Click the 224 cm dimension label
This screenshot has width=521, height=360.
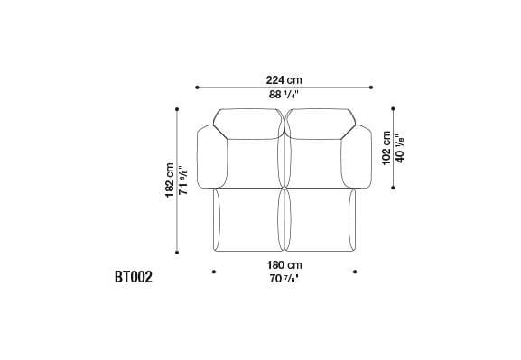coord(284,80)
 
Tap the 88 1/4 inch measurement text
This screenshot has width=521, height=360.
coord(284,95)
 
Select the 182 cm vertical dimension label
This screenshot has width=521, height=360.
coord(170,180)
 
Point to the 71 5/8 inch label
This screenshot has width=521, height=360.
coord(183,180)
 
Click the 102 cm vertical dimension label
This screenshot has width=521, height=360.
coord(386,148)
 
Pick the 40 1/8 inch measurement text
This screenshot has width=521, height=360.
coord(399,149)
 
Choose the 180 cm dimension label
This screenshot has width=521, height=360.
coord(284,265)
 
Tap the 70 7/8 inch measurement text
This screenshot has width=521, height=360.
coord(284,279)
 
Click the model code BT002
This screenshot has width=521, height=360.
coord(134,277)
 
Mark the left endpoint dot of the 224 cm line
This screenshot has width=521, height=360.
coord(197,88)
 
